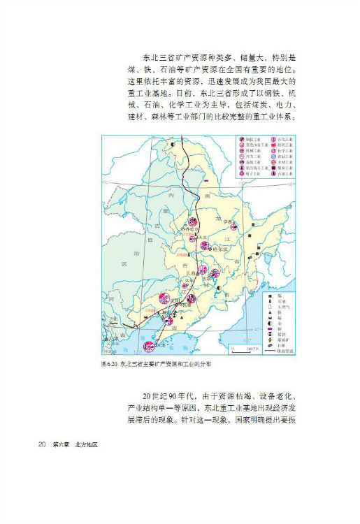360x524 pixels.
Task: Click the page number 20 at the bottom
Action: [x=42, y=445]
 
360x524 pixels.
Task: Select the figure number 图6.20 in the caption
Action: [x=110, y=365]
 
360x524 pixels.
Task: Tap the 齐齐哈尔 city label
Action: [x=191, y=229]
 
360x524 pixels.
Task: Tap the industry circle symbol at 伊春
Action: [x=236, y=225]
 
